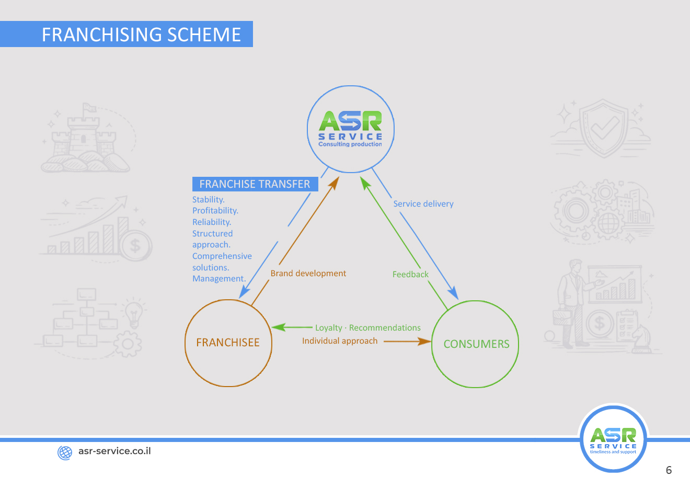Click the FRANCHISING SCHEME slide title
click(x=141, y=35)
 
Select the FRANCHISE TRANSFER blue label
click(x=255, y=184)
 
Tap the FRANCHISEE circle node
click(x=228, y=343)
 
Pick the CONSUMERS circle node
click(x=476, y=344)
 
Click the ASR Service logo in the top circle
click(x=350, y=129)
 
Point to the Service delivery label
click(x=423, y=204)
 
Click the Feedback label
click(x=410, y=274)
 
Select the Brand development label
click(x=308, y=273)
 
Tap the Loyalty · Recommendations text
click(x=367, y=328)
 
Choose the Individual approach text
click(x=340, y=341)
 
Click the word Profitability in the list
click(x=215, y=211)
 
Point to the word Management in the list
click(x=218, y=279)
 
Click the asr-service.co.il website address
click(x=114, y=451)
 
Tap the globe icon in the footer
click(x=65, y=452)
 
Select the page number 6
click(x=669, y=470)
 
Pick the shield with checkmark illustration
click(x=604, y=128)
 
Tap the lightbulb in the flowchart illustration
click(x=134, y=313)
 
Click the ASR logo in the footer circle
click(x=613, y=438)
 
